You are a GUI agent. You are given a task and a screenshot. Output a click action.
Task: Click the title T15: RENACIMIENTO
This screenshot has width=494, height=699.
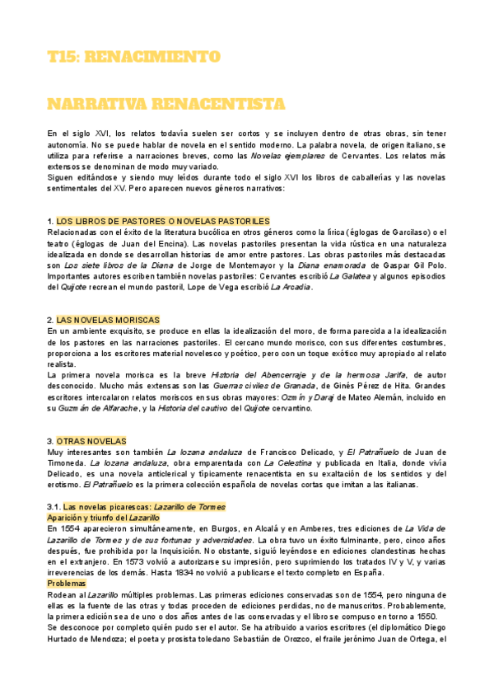[133, 57]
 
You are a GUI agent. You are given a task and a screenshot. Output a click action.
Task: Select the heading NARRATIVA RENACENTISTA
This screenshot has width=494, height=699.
[166, 104]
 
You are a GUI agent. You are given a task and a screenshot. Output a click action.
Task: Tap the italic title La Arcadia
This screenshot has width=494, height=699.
[291, 287]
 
